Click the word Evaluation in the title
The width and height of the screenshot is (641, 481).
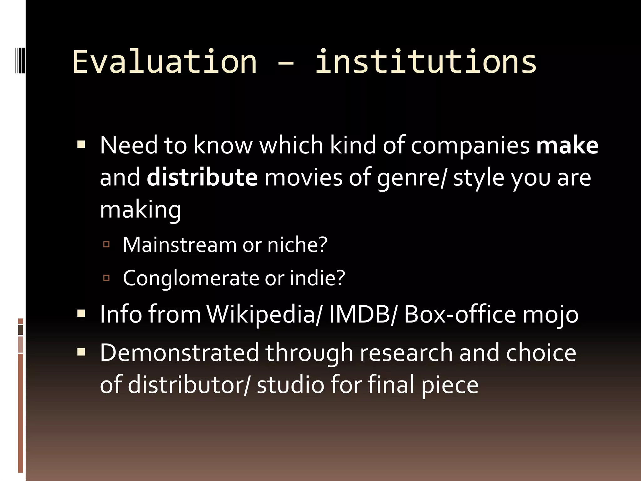tap(165, 62)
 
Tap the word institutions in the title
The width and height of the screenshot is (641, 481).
tap(426, 62)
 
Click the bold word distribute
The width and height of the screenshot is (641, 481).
tap(202, 178)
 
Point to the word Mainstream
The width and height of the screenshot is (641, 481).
tap(179, 245)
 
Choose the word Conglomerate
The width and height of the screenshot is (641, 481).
tap(191, 278)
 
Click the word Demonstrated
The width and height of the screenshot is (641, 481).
tap(179, 353)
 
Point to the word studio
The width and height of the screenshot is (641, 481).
tap(290, 385)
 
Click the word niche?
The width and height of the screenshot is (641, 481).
tap(297, 245)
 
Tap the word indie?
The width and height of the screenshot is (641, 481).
tap(317, 278)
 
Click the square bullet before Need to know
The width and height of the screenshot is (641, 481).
tap(81, 145)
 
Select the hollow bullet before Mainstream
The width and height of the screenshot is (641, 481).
tap(106, 244)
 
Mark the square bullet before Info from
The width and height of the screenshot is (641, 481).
tap(81, 313)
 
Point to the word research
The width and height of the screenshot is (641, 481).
tap(406, 353)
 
